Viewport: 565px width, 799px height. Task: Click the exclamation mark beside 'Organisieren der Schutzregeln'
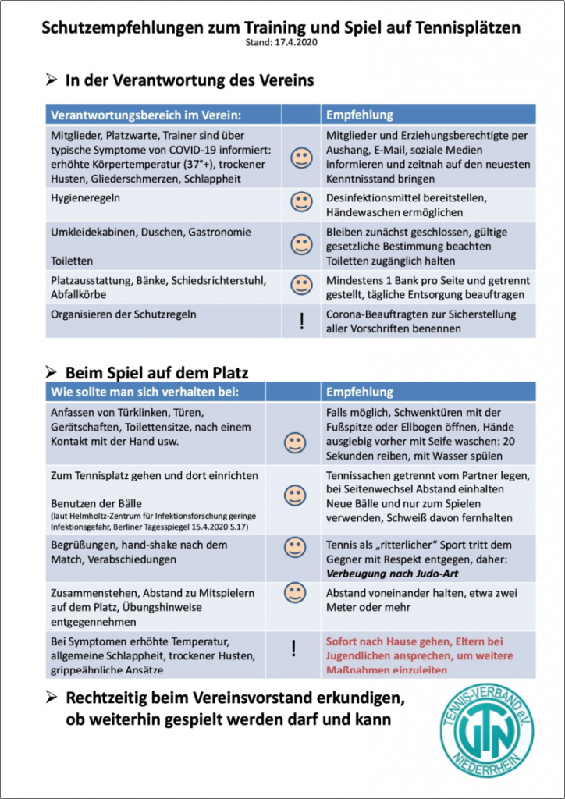tap(301, 321)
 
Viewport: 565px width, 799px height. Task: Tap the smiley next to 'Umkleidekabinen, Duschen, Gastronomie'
tap(300, 245)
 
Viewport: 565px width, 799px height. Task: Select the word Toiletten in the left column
tap(72, 261)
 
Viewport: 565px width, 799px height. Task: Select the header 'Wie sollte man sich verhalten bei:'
tap(144, 392)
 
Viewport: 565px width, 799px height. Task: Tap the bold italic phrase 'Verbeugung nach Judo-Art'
tap(390, 574)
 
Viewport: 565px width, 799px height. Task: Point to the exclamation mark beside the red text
tap(294, 648)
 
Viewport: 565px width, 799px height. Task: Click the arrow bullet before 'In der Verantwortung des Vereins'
tap(52, 80)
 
